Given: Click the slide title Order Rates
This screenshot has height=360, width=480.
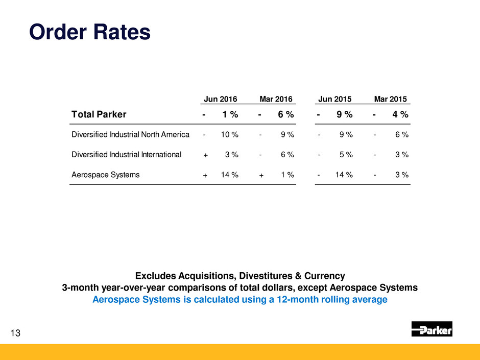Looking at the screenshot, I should (90, 32).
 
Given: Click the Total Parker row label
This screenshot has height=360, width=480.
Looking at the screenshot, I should (99, 114).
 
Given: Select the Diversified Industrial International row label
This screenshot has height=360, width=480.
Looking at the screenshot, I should (126, 154).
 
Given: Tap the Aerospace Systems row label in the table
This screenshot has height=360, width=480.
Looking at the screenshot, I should (106, 175).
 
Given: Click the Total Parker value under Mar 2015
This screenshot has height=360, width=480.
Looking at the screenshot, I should (400, 114).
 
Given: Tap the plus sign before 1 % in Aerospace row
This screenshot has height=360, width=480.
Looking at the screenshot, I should (261, 175).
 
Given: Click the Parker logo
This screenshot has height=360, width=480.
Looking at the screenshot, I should (431, 329).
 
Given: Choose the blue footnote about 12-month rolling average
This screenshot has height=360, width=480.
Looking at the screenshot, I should (240, 300).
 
